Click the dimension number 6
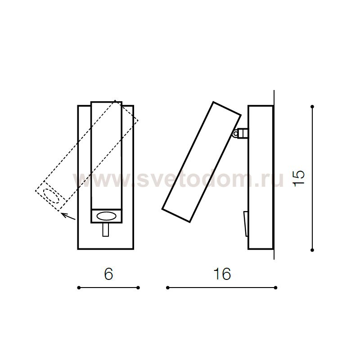pos(108,274)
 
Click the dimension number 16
pos(222,274)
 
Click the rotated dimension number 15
pos(299,178)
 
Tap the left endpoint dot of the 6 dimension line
pos(79,288)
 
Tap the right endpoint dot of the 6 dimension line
pos(138,288)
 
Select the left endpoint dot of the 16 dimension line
pos(167,288)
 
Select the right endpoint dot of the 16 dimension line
pos(276,288)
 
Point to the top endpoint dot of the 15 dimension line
pos(312,107)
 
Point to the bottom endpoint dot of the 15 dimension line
pos(312,250)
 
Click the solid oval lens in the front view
pos(107,216)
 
